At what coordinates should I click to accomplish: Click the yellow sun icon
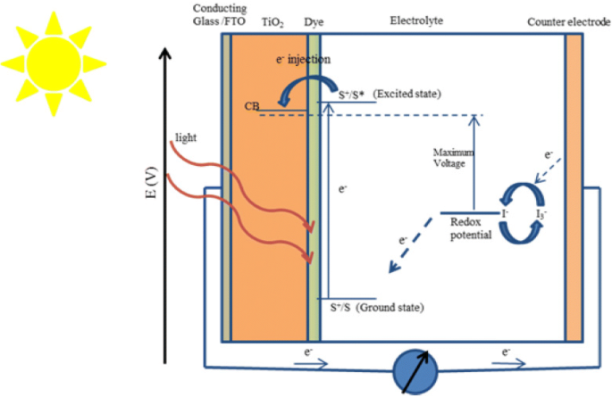(x=53, y=62)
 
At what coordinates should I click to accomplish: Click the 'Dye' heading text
(x=314, y=19)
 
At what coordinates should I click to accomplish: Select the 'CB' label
(x=252, y=106)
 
